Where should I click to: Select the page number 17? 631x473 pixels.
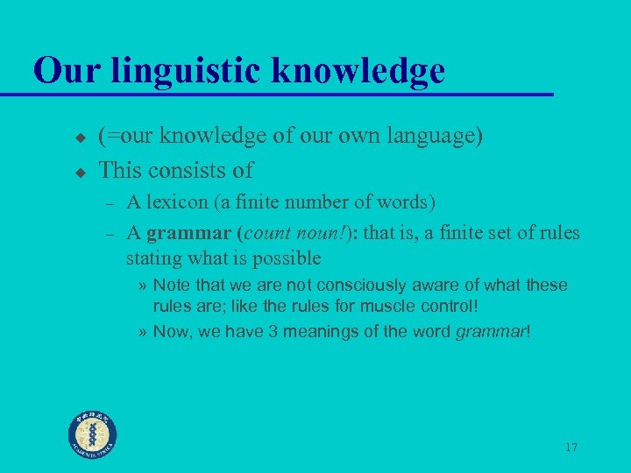click(x=571, y=448)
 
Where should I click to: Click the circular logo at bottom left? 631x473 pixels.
click(x=94, y=434)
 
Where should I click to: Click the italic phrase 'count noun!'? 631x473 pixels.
click(x=289, y=233)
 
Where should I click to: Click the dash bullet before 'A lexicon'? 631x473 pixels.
click(x=110, y=204)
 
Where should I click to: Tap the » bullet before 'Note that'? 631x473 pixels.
click(x=143, y=286)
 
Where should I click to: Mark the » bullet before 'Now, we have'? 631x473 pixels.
click(x=143, y=331)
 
